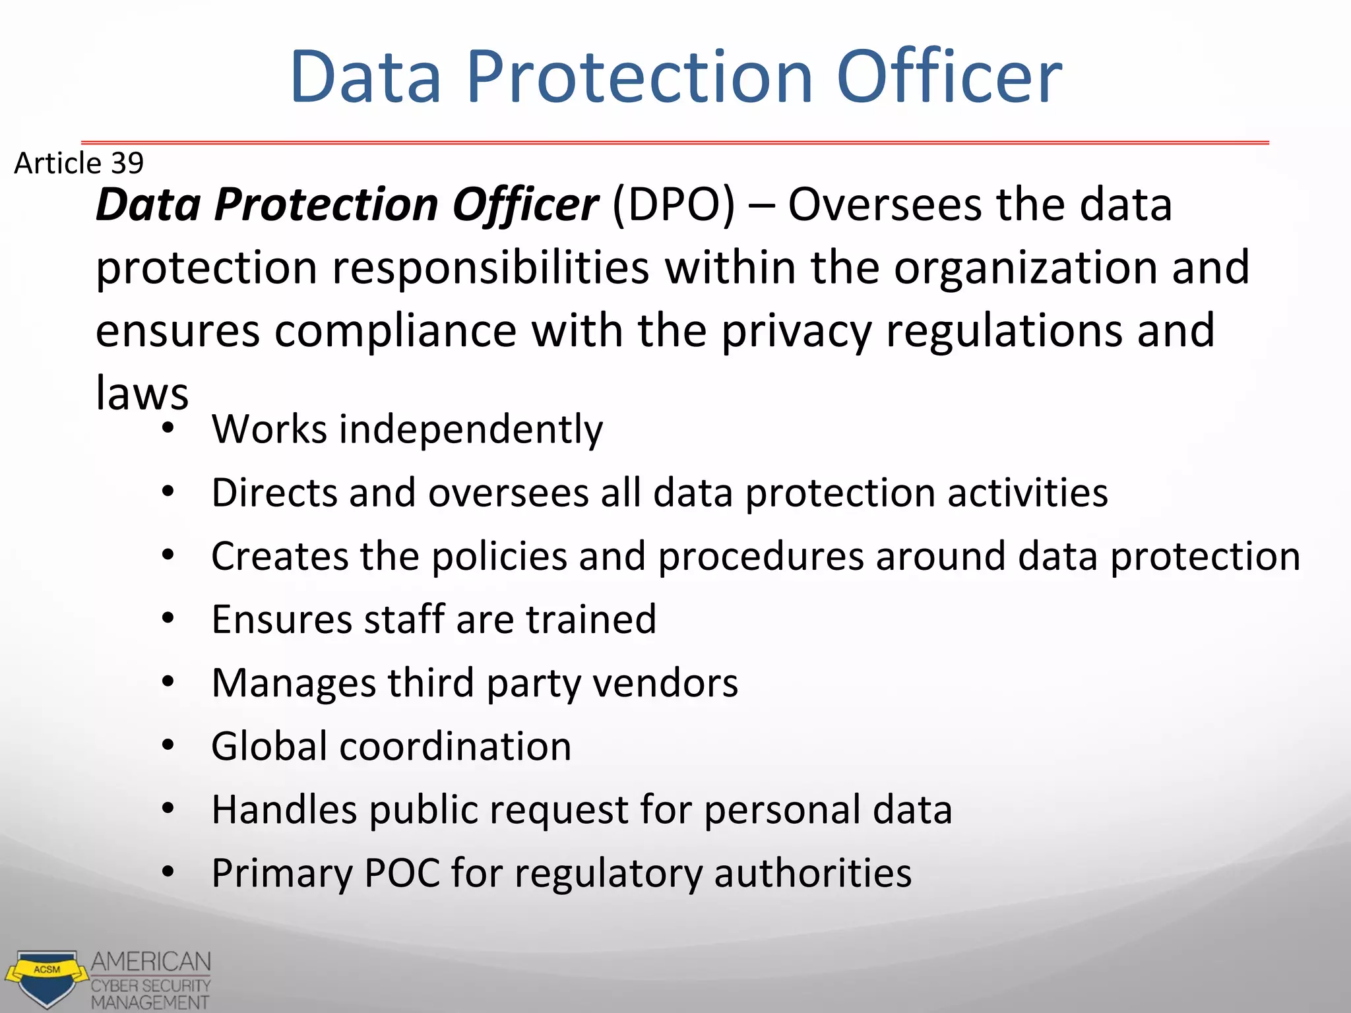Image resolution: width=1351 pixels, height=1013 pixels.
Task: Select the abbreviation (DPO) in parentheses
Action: click(x=673, y=204)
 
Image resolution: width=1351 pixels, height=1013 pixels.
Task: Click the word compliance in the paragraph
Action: click(x=395, y=330)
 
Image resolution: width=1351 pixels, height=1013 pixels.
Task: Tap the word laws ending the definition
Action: click(x=142, y=394)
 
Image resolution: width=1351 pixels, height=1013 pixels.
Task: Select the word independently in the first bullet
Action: click(x=470, y=430)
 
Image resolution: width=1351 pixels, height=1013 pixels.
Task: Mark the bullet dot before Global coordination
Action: click(x=168, y=745)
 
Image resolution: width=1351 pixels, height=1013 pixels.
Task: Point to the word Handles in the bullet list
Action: click(x=284, y=809)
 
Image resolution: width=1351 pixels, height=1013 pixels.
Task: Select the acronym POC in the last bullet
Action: click(x=402, y=873)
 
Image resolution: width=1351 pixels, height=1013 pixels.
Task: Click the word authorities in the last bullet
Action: click(x=812, y=873)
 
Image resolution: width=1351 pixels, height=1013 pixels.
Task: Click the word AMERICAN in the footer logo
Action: click(x=151, y=962)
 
